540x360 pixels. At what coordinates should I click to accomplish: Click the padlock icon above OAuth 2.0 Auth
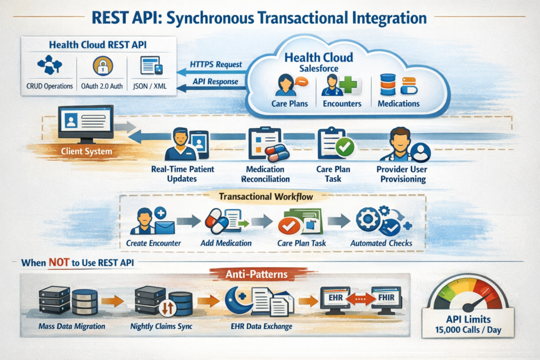click(x=103, y=66)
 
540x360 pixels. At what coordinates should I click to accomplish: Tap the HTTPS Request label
click(x=216, y=64)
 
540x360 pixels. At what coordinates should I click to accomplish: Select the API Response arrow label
click(x=215, y=82)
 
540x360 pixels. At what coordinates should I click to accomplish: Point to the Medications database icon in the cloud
click(x=388, y=85)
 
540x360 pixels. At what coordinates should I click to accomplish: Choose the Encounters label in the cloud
click(x=342, y=104)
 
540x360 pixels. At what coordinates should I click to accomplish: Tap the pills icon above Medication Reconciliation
click(x=276, y=153)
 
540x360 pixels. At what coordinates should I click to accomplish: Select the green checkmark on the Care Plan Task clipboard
click(x=345, y=148)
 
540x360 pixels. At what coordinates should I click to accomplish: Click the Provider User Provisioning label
click(x=402, y=174)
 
